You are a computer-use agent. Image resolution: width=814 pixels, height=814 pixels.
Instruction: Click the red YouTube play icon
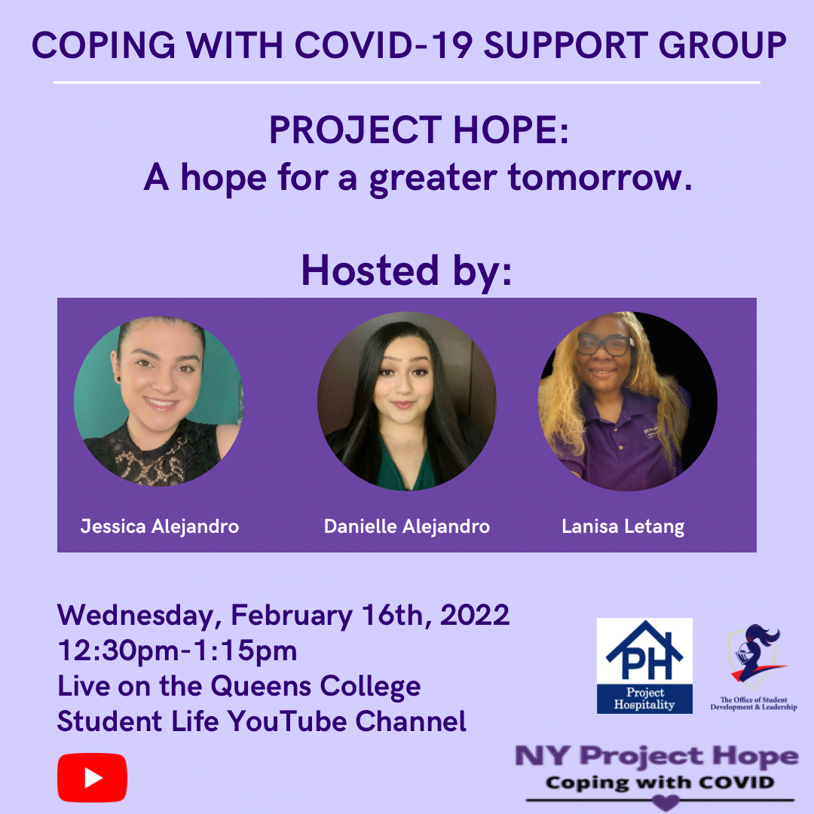[x=92, y=777]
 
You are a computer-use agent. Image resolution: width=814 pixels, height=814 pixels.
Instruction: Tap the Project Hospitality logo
[x=644, y=666]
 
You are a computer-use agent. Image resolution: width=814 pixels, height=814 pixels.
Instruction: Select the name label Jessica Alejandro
[x=159, y=526]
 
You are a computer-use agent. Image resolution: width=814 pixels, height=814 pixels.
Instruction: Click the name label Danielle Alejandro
[x=406, y=526]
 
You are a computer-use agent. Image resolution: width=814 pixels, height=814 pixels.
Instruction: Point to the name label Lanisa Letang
[x=623, y=527]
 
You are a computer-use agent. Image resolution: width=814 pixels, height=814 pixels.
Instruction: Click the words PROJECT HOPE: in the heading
[x=419, y=130]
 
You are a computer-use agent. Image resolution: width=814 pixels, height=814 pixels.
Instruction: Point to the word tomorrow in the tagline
[x=600, y=177]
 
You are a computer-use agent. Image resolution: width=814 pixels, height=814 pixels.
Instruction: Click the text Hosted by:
[x=407, y=271]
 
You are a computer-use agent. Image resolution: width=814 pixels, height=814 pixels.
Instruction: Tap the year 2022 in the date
[x=475, y=615]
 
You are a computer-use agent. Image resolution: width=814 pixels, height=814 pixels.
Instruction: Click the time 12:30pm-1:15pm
[x=177, y=650]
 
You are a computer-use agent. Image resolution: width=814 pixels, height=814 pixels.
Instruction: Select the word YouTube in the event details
[x=287, y=721]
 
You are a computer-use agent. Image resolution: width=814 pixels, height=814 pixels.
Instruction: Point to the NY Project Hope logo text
[x=656, y=756]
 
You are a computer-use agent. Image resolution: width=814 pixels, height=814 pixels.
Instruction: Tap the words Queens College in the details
[x=316, y=687]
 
